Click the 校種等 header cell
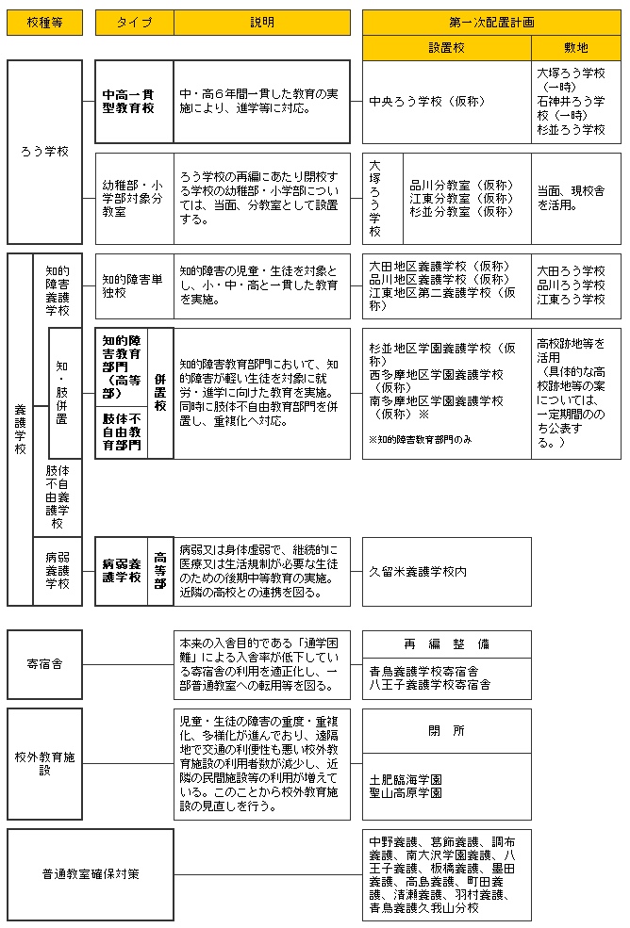pos(44,23)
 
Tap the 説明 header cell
pos(262,23)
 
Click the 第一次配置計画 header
pos(491,23)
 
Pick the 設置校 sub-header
pos(446,48)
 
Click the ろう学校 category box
pos(44,151)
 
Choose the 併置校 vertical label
pos(160,393)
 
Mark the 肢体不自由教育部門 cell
pos(122,431)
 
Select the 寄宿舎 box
pos(44,664)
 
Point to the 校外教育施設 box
pos(44,762)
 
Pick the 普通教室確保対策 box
pos(90,873)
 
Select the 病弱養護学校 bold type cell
pos(122,571)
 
